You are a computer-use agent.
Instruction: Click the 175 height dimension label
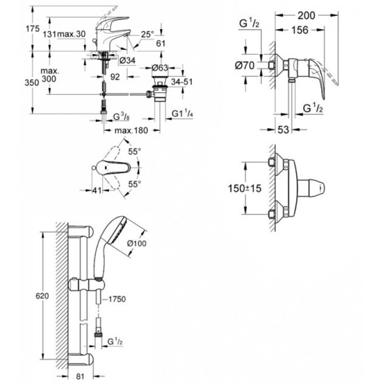(33, 29)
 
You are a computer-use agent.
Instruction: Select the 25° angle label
(148, 34)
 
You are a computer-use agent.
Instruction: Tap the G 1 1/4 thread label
(183, 113)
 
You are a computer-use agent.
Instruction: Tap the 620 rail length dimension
(43, 297)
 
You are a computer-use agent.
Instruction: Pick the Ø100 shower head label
(137, 244)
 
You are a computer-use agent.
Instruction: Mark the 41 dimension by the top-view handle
(98, 190)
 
